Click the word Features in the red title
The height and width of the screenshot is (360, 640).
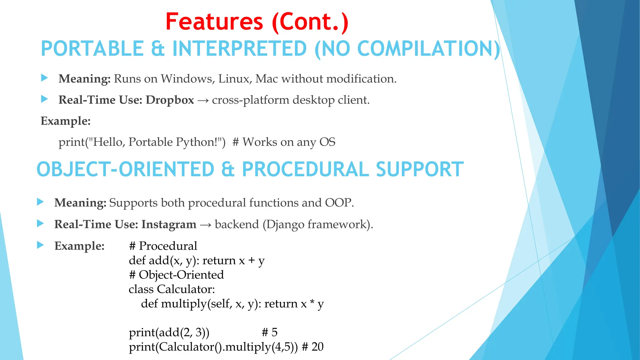[214, 22]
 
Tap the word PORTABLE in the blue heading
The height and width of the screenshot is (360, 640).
[92, 49]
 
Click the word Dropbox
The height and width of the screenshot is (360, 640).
[170, 100]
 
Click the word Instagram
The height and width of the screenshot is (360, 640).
[169, 224]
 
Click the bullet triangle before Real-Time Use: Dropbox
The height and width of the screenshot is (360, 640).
[44, 99]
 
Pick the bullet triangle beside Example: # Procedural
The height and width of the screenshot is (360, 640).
[40, 245]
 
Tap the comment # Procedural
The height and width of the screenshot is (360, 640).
[163, 246]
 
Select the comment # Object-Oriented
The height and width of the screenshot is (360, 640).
[176, 275]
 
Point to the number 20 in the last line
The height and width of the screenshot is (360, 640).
[317, 347]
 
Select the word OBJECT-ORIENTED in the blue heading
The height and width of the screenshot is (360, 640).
[125, 169]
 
